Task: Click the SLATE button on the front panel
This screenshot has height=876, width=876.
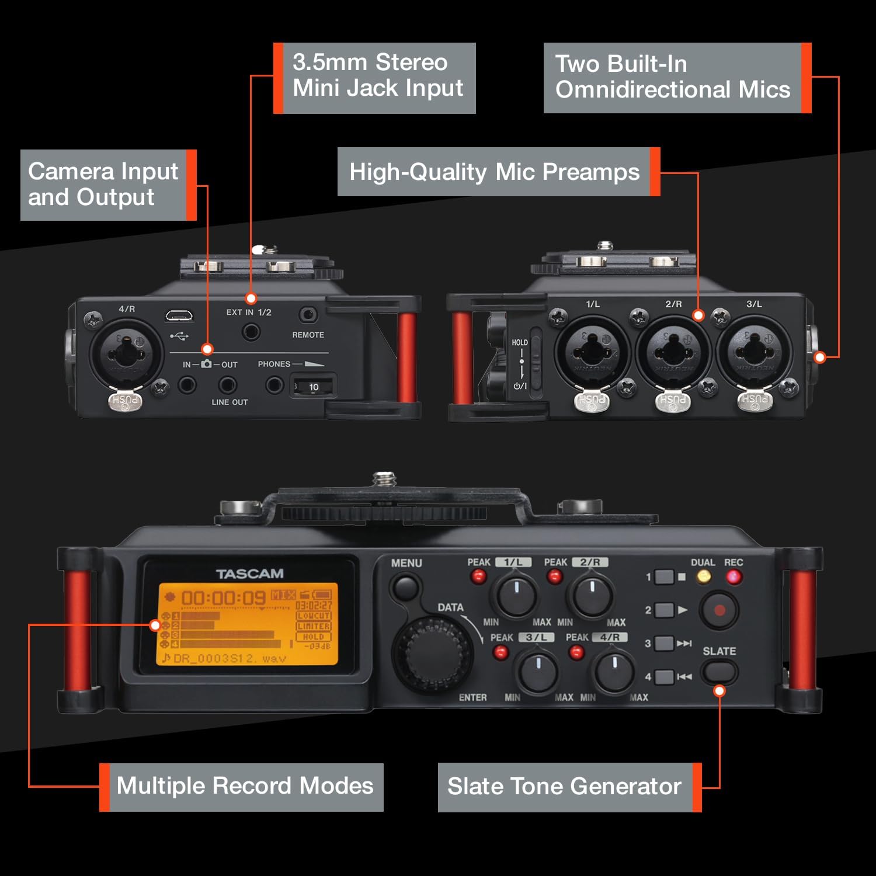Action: pyautogui.click(x=719, y=672)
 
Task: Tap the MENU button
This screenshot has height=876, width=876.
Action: pyautogui.click(x=406, y=586)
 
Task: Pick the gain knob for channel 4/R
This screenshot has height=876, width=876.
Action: pyautogui.click(x=613, y=671)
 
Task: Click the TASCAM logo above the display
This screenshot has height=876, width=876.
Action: pyautogui.click(x=249, y=573)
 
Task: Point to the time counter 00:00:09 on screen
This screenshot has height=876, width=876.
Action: pyautogui.click(x=223, y=598)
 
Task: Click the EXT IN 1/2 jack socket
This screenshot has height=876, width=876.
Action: pyautogui.click(x=251, y=332)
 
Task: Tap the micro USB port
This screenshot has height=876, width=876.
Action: pyautogui.click(x=180, y=316)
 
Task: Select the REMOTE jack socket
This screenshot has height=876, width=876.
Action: pyautogui.click(x=308, y=315)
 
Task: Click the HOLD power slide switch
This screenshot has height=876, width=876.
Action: pyautogui.click(x=522, y=361)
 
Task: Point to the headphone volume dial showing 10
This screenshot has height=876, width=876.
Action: pyautogui.click(x=313, y=387)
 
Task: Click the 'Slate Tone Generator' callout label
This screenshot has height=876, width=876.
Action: pyautogui.click(x=564, y=787)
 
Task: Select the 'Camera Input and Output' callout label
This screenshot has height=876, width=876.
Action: pyautogui.click(x=103, y=185)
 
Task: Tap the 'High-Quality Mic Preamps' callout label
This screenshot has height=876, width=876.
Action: pyautogui.click(x=494, y=172)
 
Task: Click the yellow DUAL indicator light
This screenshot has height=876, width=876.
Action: pyautogui.click(x=704, y=577)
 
